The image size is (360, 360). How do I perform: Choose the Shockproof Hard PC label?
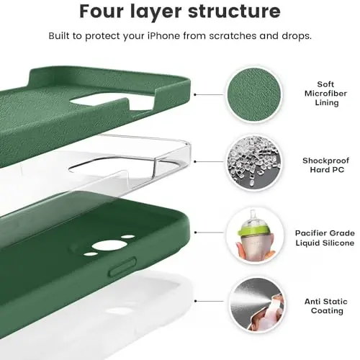pyautogui.click(x=320, y=164)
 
